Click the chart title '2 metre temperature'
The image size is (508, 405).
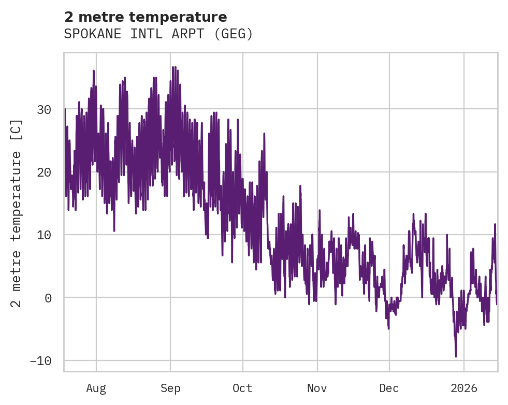(146, 17)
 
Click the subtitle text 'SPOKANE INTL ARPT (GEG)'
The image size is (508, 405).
(158, 34)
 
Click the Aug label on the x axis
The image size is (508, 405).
(96, 388)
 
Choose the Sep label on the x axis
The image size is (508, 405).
(170, 388)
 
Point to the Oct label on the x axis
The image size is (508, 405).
(242, 388)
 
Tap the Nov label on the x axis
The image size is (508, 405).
(317, 388)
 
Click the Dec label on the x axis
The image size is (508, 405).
(389, 388)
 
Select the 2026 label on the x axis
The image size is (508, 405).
(464, 388)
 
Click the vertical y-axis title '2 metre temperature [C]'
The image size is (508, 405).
(17, 212)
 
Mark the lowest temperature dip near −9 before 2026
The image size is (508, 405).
(456, 356)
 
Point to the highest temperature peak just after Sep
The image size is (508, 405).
(175, 67)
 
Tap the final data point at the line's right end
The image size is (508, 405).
(496, 304)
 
